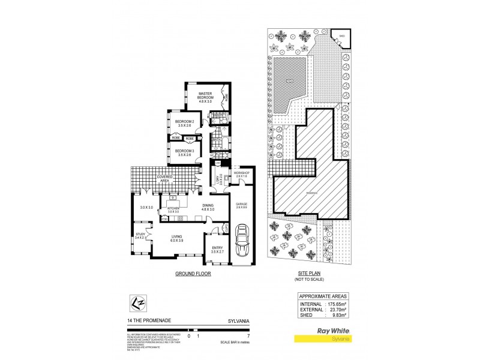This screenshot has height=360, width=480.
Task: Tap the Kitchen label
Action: tap(173, 209)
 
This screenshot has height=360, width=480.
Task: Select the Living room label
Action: tap(176, 237)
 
